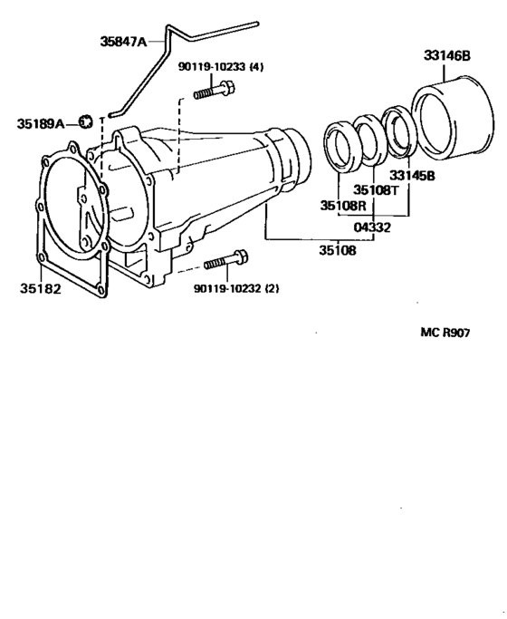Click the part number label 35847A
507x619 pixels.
coord(129,40)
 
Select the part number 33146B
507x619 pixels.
coord(446,55)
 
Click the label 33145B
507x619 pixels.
coord(413,175)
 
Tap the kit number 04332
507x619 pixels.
coord(372,227)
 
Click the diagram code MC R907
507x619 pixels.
coord(449,333)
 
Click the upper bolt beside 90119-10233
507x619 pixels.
coord(215,90)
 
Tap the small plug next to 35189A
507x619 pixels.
coord(86,120)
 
